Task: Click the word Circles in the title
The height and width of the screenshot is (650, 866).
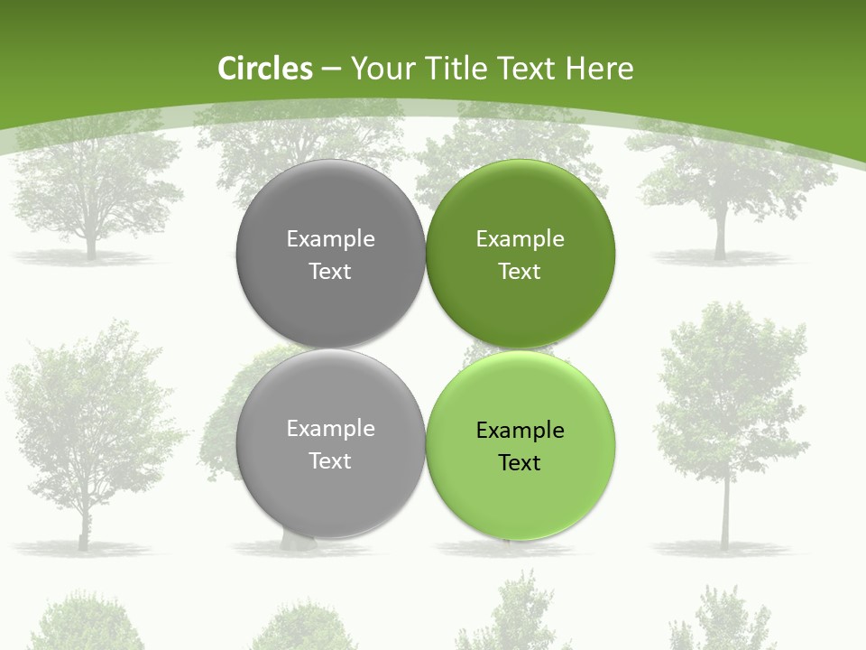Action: tap(265, 69)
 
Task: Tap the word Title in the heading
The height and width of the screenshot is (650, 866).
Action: tap(458, 69)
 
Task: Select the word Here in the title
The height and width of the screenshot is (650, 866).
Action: tap(599, 69)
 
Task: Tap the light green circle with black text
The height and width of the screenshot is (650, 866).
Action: tap(521, 497)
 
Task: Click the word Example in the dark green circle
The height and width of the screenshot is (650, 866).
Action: tap(521, 239)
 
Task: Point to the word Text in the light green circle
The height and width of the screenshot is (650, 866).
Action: tap(520, 463)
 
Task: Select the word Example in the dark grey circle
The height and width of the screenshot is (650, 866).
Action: tap(330, 239)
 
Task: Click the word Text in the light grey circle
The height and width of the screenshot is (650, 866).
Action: tap(330, 461)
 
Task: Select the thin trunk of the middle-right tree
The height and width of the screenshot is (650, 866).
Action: tap(724, 515)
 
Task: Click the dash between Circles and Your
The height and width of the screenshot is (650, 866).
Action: tap(331, 70)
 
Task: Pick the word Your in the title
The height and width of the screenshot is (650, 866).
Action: tap(382, 69)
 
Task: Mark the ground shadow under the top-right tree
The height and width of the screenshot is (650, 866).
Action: tap(722, 259)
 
